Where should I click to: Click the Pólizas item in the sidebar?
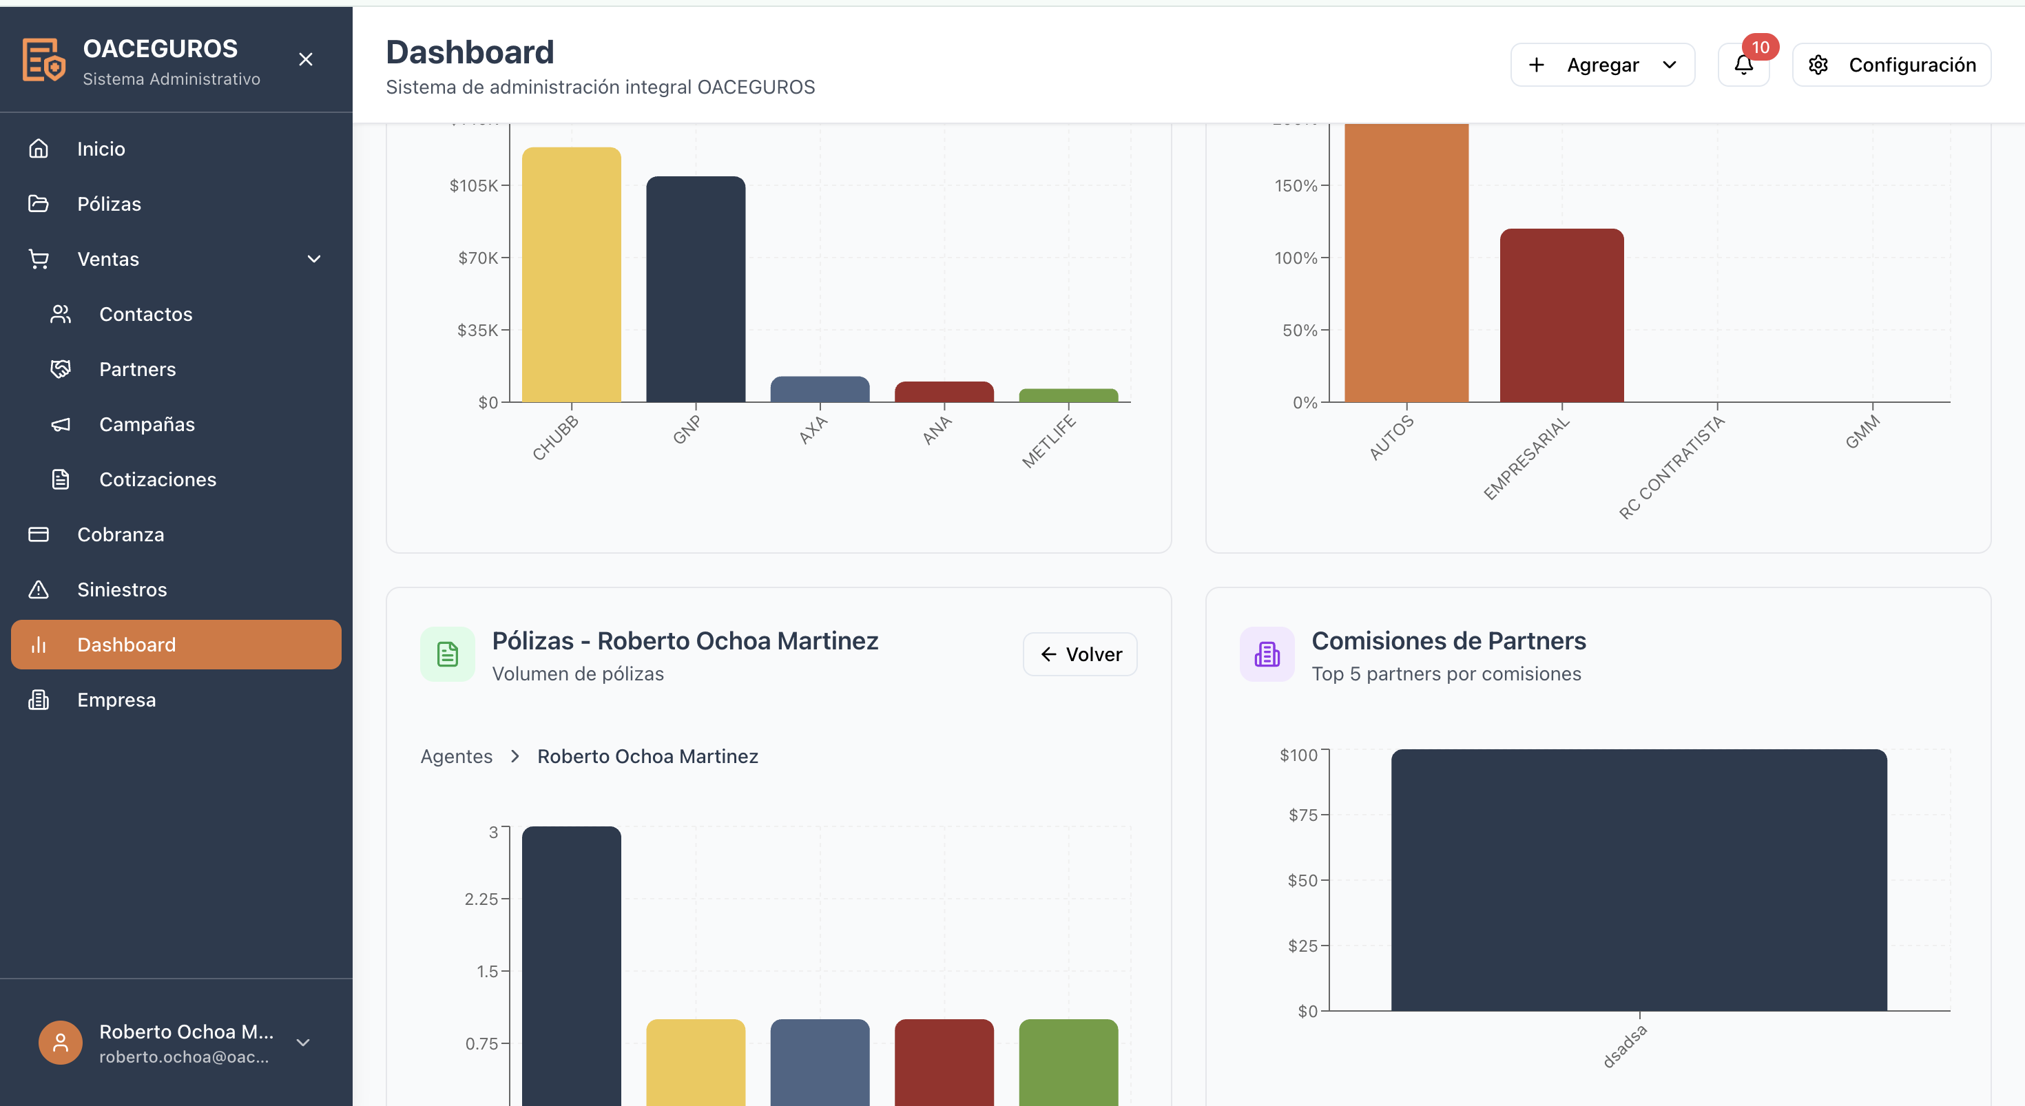109,205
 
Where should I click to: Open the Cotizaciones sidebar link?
157,479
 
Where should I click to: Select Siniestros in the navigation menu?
122,589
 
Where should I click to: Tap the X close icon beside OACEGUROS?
306,60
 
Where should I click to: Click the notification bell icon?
1743,65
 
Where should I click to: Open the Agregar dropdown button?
1602,65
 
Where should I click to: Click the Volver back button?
1080,654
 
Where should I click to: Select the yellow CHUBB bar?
572,275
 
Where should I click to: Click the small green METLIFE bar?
1068,395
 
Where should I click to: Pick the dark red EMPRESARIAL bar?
1561,315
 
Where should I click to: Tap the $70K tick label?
478,258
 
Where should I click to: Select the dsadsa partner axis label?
1624,1046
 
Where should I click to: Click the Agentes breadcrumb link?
457,756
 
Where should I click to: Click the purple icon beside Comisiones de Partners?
1267,654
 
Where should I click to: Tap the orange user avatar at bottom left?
61,1043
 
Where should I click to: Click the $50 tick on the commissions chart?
1302,880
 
